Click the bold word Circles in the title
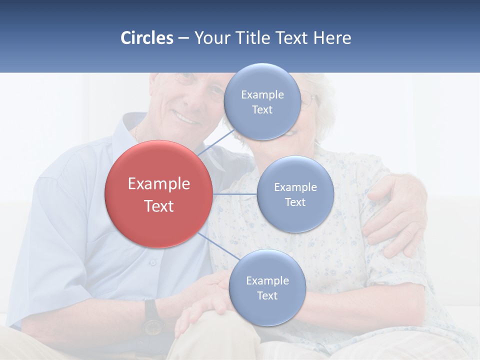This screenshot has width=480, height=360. click(147, 38)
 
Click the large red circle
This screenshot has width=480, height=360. click(158, 194)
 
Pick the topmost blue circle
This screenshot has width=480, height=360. click(262, 101)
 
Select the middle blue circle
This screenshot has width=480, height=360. click(295, 194)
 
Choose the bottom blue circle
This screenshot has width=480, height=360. click(267, 288)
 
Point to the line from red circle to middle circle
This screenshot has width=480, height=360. click(234, 194)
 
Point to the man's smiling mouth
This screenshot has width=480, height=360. click(186, 119)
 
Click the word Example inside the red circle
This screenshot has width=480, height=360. click(158, 184)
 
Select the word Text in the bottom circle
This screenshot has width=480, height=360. click(267, 296)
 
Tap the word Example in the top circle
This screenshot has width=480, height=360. click(262, 94)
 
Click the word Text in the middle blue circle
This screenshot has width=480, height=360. click(295, 202)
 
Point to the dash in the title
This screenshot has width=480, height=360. click(183, 38)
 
